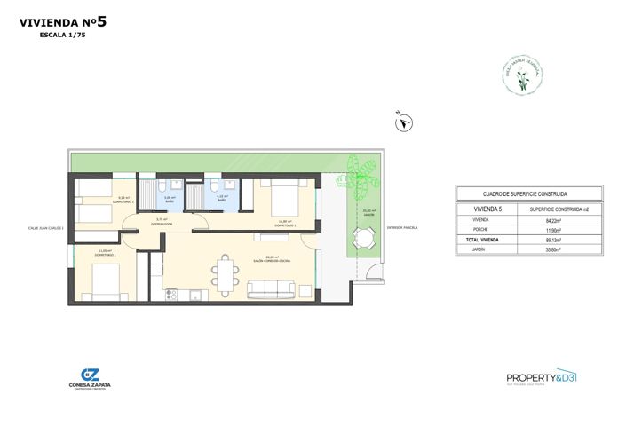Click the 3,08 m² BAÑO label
170,199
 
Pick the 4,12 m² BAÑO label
222,199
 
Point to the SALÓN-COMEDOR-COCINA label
272,261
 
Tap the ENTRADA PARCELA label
401,228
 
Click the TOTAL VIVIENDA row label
482,241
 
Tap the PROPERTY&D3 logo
541,376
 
